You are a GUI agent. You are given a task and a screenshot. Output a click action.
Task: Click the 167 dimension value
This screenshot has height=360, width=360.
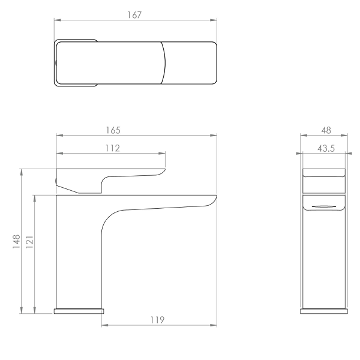point(134,15)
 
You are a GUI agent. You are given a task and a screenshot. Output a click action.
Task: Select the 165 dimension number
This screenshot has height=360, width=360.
point(113,130)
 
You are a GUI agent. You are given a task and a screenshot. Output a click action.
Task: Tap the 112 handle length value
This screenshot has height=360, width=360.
point(113,148)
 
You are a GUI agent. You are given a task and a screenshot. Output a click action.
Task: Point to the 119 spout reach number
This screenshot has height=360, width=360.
point(157,320)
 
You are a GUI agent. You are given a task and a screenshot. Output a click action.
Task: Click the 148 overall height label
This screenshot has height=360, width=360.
point(17,241)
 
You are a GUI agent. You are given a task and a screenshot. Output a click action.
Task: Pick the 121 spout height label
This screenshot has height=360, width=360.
point(29,242)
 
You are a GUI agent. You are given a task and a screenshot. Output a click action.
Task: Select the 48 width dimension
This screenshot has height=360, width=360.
point(326,130)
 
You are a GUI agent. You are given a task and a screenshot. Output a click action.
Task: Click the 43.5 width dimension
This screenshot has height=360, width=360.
point(326,149)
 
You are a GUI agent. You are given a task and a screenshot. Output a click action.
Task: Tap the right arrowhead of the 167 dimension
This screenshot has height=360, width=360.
point(214,20)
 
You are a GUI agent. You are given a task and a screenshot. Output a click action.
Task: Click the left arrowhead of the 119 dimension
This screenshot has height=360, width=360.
point(104,325)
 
